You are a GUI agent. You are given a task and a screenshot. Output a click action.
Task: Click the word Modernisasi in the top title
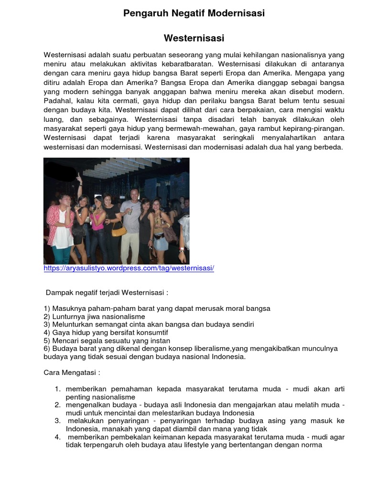click(x=236, y=13)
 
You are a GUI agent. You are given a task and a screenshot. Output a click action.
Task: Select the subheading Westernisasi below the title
click(x=194, y=38)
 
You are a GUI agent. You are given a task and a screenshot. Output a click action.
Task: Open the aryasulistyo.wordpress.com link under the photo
click(x=129, y=268)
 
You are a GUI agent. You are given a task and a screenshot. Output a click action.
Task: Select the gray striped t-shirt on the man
click(x=131, y=214)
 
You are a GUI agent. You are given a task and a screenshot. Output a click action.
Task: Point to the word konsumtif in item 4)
click(x=152, y=332)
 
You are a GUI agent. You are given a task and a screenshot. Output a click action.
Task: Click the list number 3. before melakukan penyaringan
click(x=58, y=421)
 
